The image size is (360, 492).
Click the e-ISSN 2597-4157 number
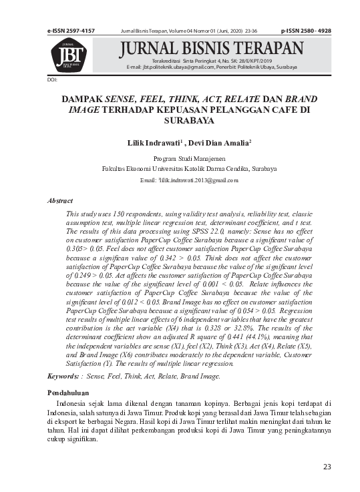pos(71,31)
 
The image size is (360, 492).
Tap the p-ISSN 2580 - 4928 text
pos(306,31)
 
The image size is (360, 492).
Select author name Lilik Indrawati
pos(152,143)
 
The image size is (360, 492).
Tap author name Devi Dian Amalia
pos(219,143)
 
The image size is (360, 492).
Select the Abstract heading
pos(60,200)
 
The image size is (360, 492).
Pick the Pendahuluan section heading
pos(68,393)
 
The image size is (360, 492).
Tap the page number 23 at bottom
pos(327,467)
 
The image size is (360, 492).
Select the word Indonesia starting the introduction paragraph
pos(75,405)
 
